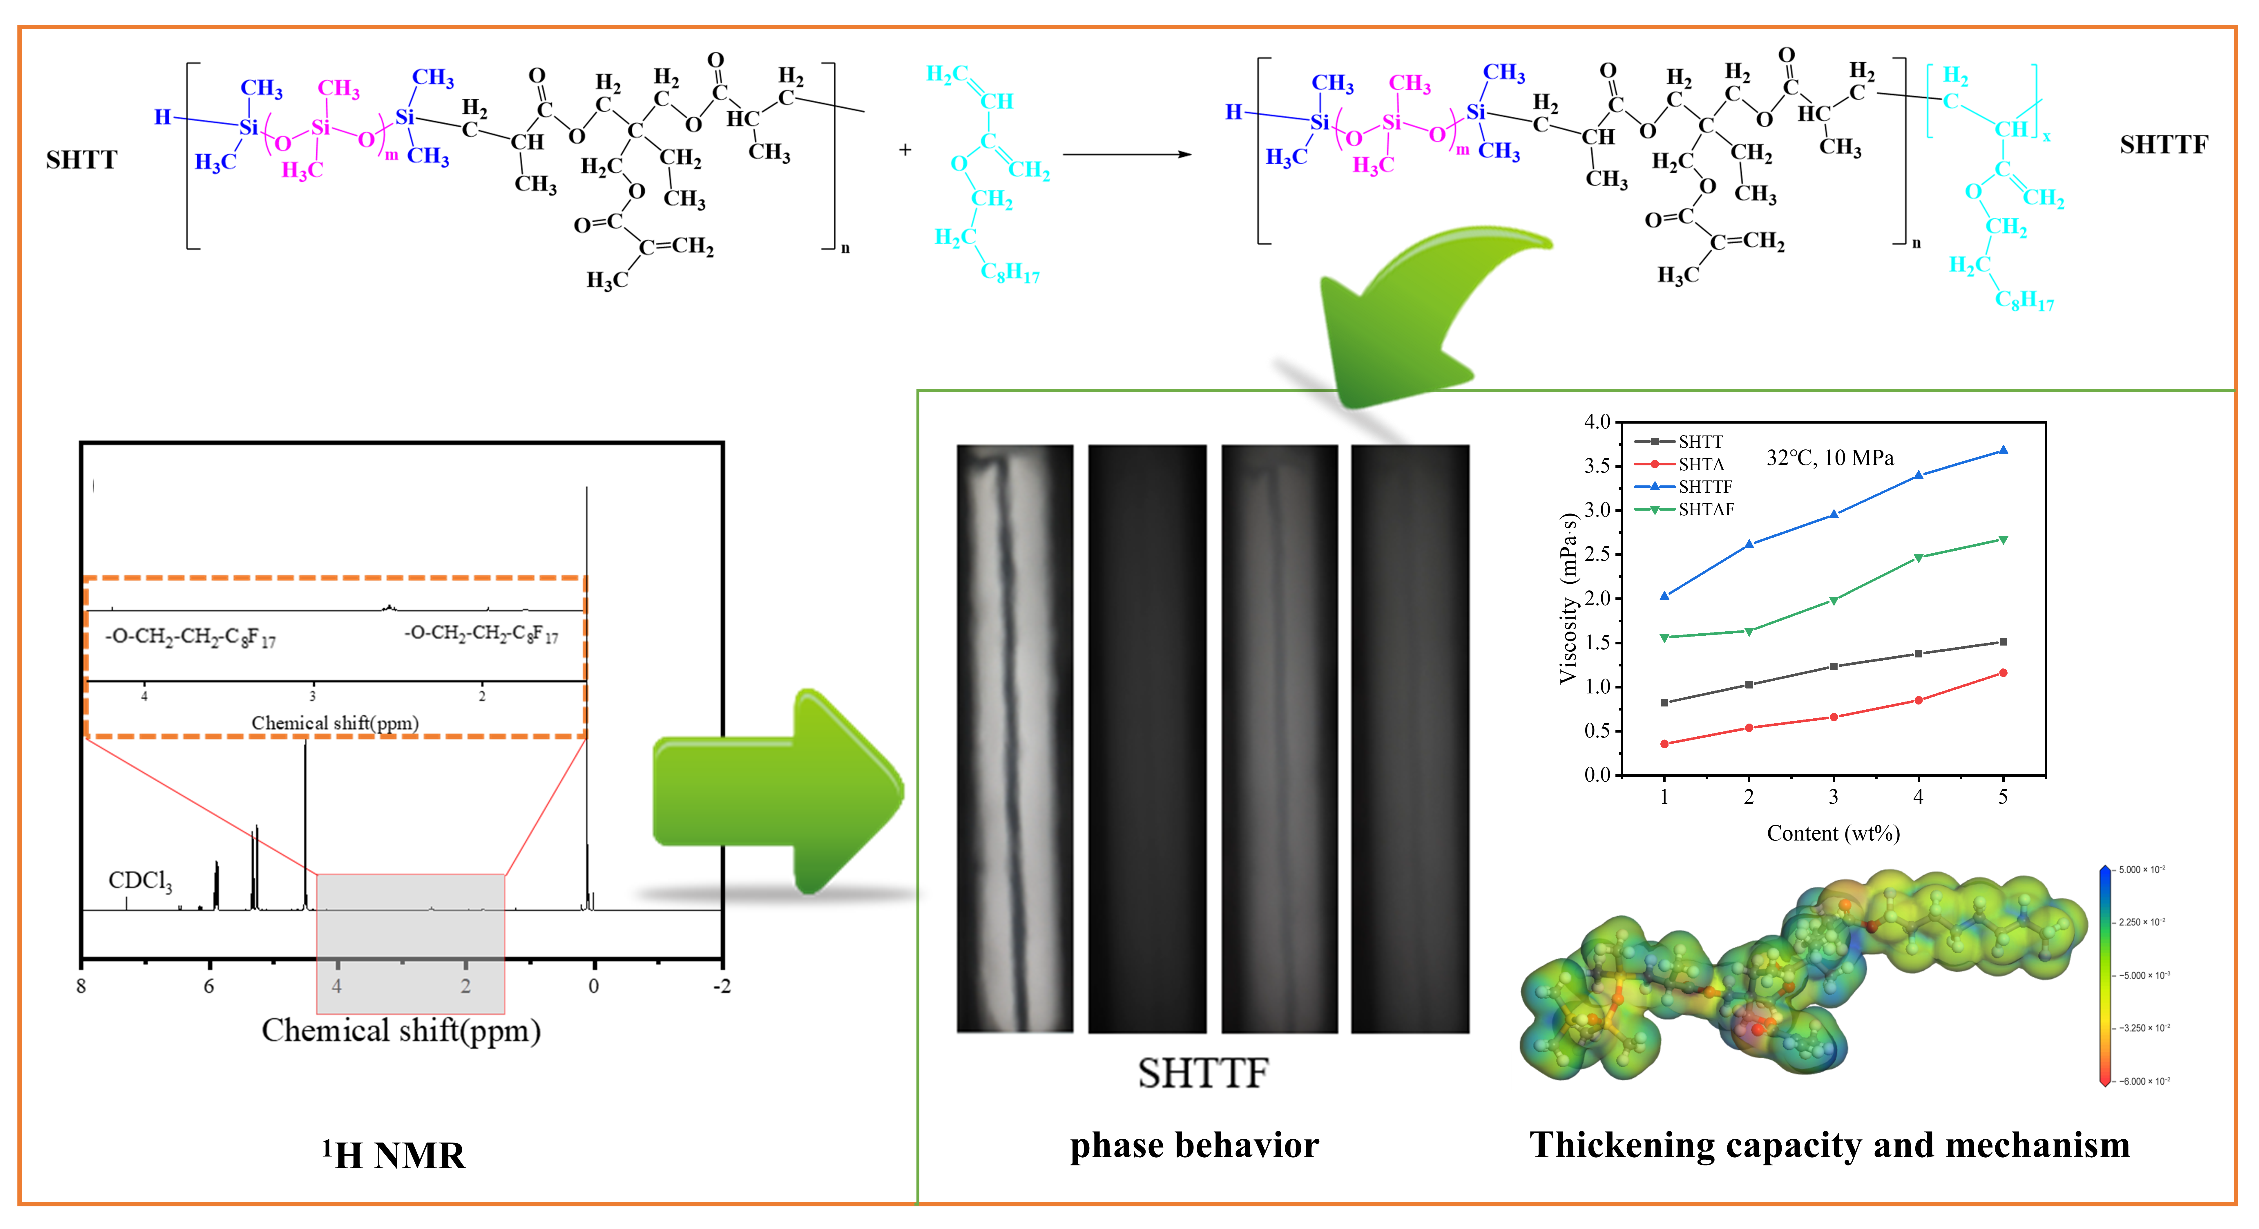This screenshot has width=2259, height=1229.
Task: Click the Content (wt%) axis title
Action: coord(1833,833)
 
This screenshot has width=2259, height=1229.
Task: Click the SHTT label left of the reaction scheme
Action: coord(81,160)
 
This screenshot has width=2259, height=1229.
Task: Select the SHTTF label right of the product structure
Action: coord(2163,145)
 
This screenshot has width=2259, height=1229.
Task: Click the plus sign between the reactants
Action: coord(905,150)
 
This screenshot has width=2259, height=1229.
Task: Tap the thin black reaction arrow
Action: coord(1127,154)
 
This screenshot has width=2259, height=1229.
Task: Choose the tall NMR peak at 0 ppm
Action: coord(587,702)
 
